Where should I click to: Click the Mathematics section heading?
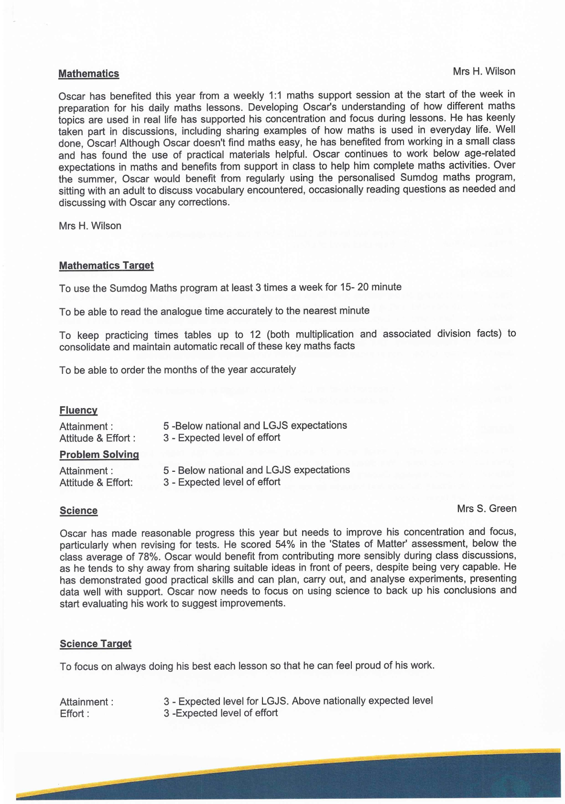[88, 74]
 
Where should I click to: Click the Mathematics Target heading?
[106, 265]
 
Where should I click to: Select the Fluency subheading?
[78, 410]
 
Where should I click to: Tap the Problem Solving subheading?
[99, 455]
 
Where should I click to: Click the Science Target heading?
[96, 644]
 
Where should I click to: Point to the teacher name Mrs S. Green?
[486, 509]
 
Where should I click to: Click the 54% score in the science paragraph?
[285, 544]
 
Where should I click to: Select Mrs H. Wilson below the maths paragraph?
[90, 226]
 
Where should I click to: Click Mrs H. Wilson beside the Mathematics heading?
[484, 71]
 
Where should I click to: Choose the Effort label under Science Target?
[74, 714]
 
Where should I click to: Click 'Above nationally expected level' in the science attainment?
[362, 701]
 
